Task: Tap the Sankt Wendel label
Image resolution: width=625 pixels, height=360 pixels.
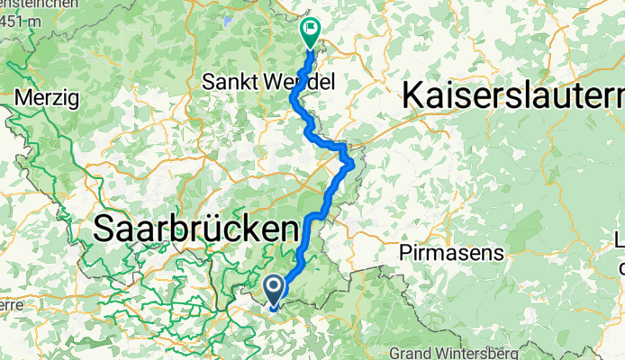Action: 267,82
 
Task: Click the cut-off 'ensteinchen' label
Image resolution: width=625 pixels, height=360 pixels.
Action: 27,6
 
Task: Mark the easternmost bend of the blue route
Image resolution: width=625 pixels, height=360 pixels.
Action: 350,163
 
